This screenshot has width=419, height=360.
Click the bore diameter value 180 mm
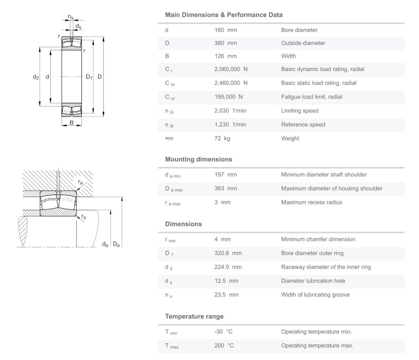coord(225,30)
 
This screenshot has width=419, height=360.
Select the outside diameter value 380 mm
coord(225,43)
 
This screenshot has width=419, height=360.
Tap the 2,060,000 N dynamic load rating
coord(231,69)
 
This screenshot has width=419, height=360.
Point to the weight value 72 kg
coord(222,138)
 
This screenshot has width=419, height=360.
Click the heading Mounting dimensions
coord(198,159)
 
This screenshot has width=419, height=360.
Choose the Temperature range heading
coord(194,316)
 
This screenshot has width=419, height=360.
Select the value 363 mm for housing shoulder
coord(225,188)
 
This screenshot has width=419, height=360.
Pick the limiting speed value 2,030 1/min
coord(230,111)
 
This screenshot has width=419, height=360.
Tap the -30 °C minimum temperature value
coord(224,332)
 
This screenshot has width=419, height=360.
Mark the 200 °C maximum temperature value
coord(224,346)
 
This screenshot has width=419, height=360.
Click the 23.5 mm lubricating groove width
coord(226,295)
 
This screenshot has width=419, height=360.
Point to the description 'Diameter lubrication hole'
coord(313,281)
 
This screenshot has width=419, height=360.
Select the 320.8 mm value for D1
coord(228,253)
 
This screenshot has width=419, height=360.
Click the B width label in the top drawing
coord(71,122)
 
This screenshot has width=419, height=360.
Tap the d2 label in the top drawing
coord(36,77)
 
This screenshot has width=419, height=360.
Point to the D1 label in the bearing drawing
coord(89,77)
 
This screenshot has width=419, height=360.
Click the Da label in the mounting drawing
coord(116,245)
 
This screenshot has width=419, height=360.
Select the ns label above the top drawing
coord(71,17)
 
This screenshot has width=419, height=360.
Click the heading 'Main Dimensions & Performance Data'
coord(223,15)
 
